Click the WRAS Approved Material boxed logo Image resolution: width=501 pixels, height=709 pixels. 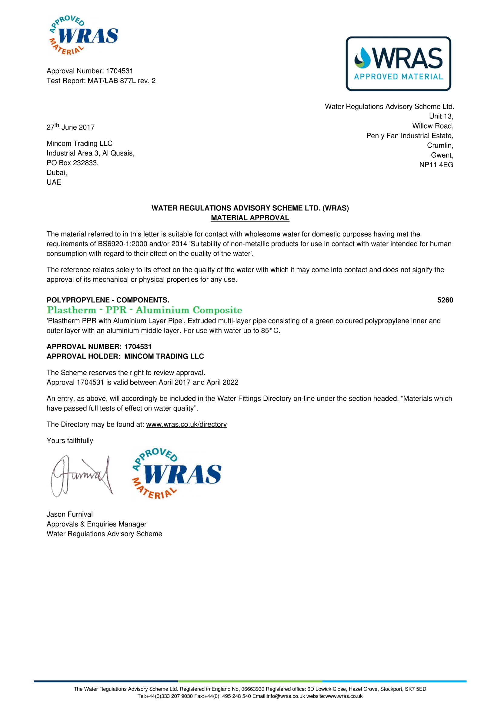click(398, 64)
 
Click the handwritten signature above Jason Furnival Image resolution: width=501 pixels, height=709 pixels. click(82, 476)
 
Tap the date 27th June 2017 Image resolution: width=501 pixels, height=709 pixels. click(70, 127)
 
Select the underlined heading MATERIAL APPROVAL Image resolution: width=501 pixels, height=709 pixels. click(250, 218)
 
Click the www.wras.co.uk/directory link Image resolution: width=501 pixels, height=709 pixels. click(186, 424)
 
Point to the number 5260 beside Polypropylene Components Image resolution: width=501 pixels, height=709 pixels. click(445, 300)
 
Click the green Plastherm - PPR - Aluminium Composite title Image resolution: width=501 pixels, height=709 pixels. click(145, 310)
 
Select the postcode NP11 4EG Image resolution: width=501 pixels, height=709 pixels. click(436, 165)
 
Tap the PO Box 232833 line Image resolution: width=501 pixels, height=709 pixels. click(72, 163)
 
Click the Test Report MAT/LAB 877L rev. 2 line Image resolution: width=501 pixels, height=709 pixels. click(101, 81)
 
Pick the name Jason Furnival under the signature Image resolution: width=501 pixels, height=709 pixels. click(69, 514)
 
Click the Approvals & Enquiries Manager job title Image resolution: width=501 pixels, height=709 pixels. click(96, 524)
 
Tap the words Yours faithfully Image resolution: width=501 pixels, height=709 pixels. click(69, 440)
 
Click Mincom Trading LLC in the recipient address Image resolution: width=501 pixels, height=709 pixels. click(79, 143)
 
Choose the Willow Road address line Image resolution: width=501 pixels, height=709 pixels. click(433, 126)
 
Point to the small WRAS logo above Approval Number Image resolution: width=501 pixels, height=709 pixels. click(83, 35)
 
